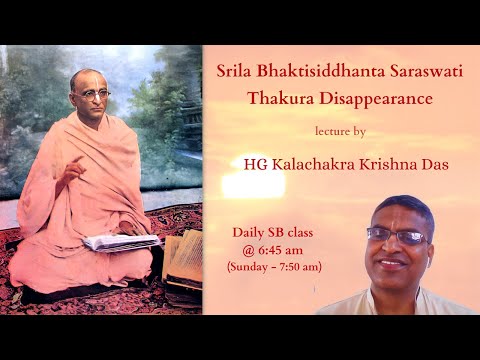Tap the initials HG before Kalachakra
[257, 161]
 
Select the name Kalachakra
[314, 161]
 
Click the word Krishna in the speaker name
[388, 161]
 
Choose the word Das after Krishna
[437, 161]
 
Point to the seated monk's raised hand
[67, 165]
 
